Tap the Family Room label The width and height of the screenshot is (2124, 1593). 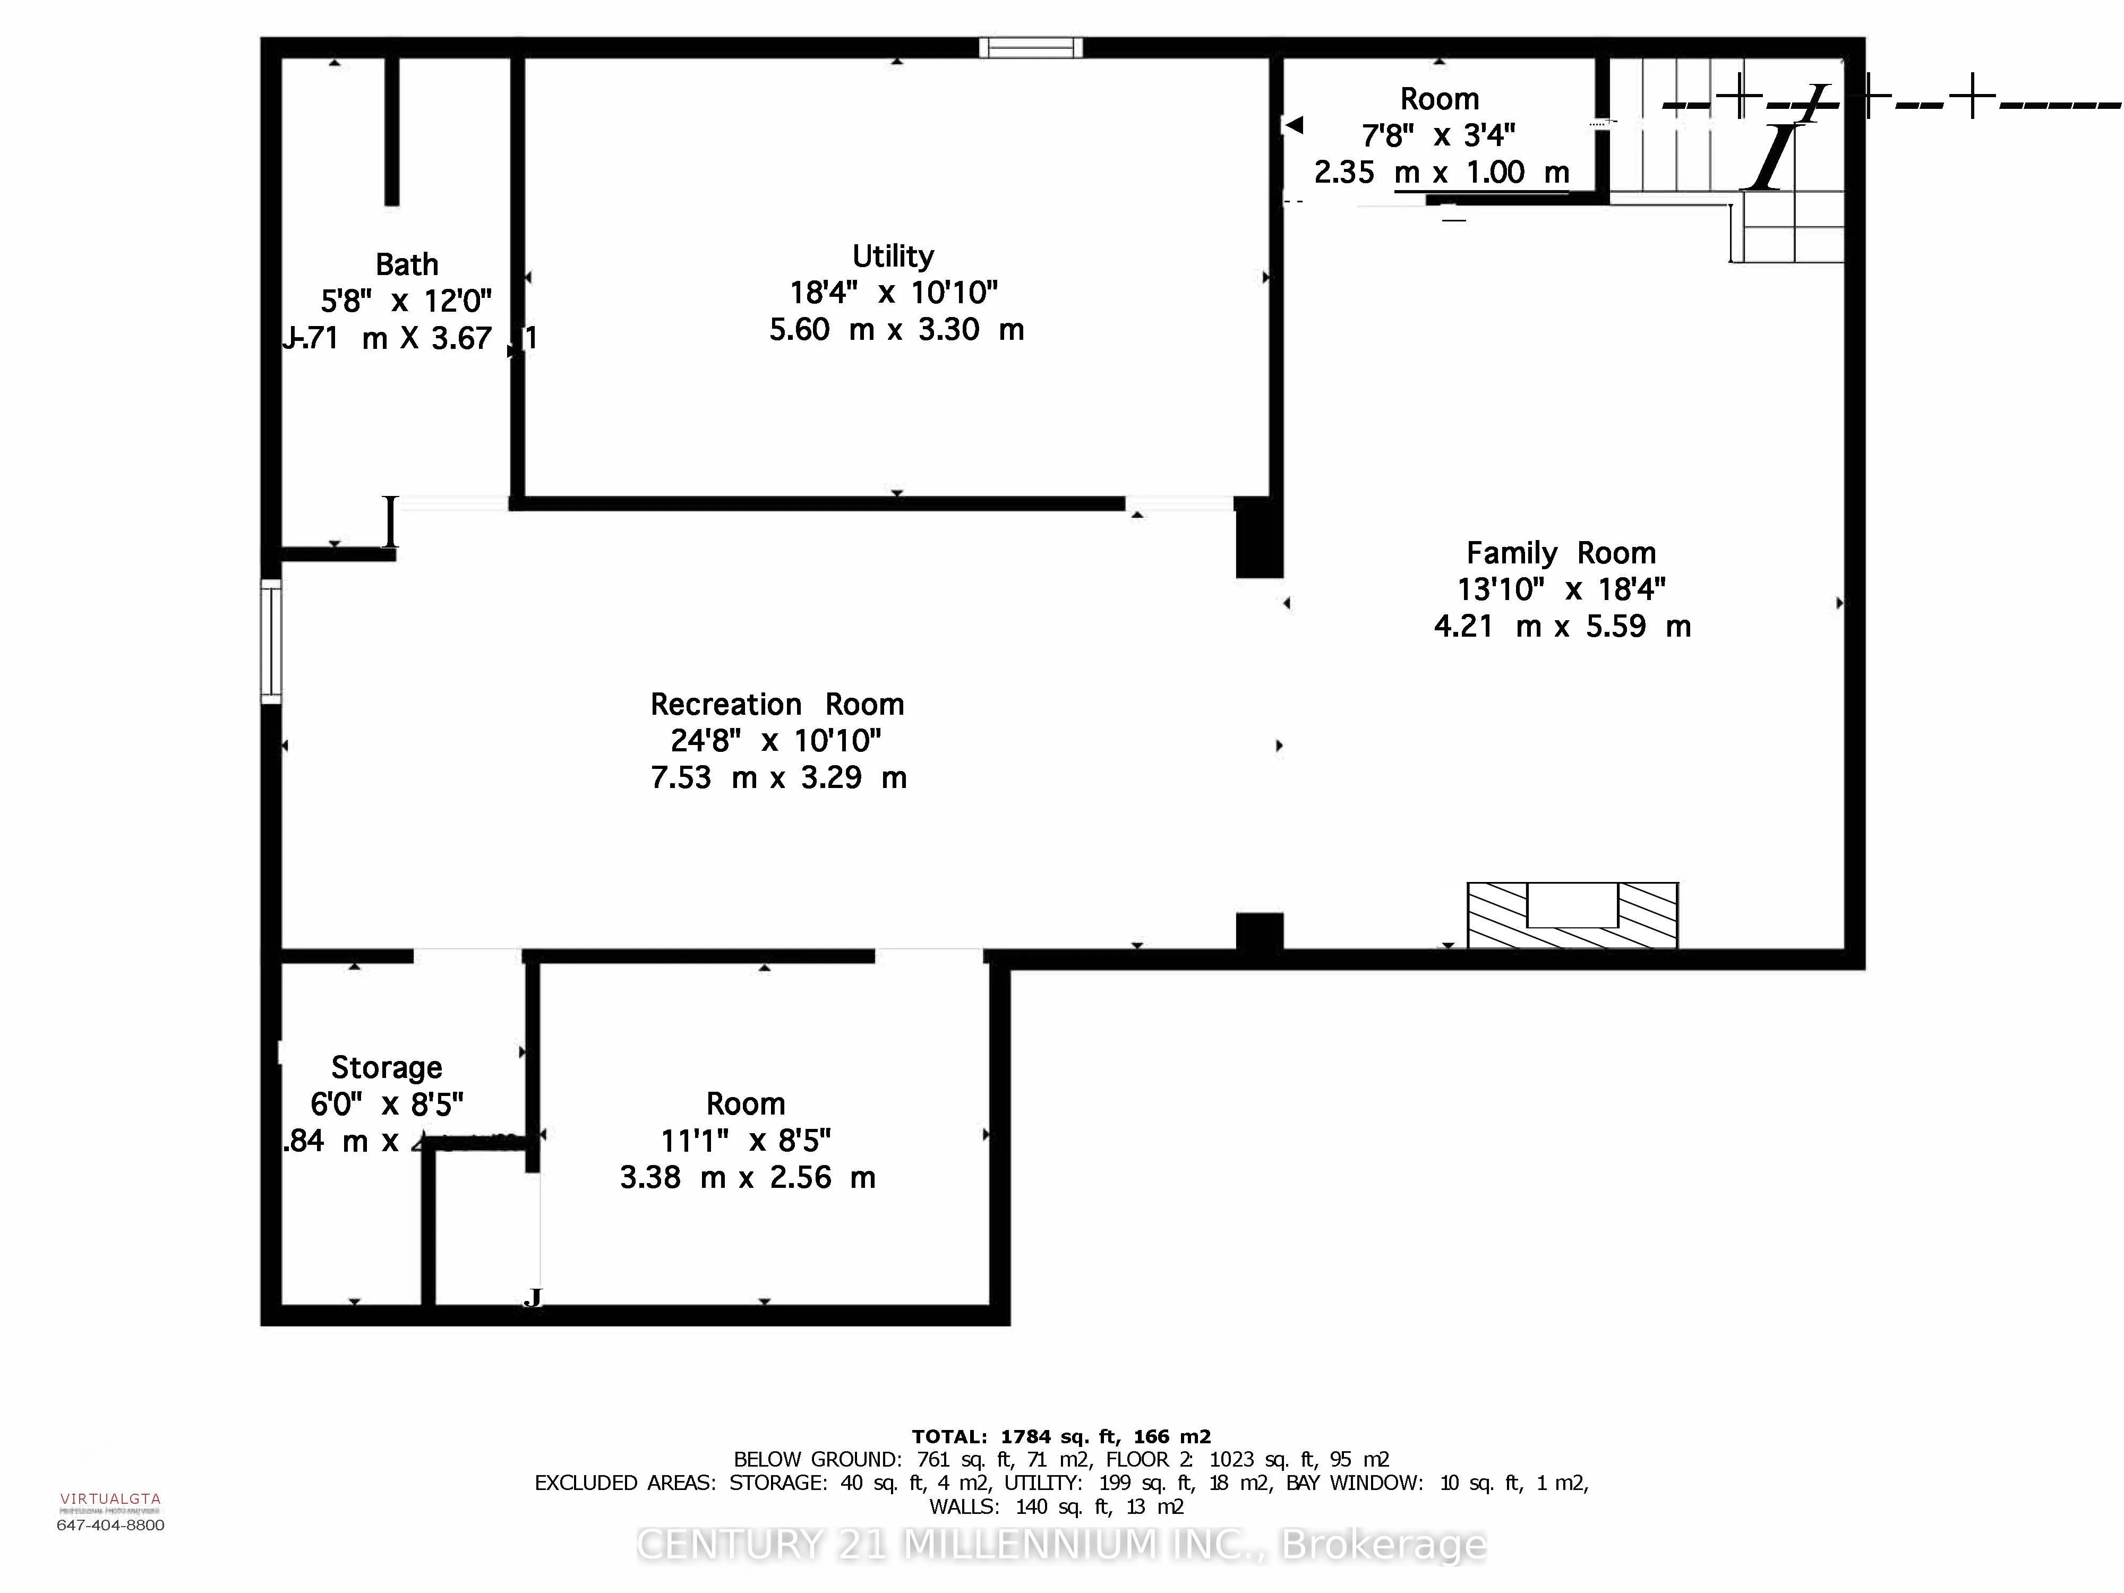[1561, 553]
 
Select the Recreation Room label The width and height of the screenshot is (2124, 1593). [777, 705]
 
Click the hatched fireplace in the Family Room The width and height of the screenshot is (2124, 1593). [1572, 915]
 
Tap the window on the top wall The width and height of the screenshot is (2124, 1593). [1030, 47]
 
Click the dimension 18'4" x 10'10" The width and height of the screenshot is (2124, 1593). [893, 293]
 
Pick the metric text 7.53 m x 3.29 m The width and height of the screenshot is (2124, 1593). [778, 778]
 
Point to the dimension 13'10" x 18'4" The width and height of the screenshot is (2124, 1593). [1561, 589]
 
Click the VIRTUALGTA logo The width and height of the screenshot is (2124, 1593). [110, 1499]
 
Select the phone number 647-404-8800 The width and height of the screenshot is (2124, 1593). [110, 1525]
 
